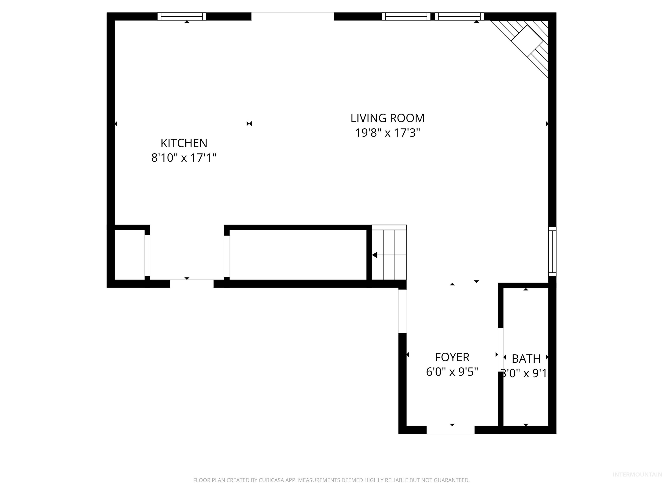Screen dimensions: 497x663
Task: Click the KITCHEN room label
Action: click(x=184, y=143)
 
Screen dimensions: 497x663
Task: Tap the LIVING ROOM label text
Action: click(x=387, y=118)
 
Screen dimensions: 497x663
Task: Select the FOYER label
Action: click(x=452, y=357)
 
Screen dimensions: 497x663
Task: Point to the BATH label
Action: click(x=526, y=359)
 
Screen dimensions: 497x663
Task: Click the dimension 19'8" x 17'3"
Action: click(x=387, y=133)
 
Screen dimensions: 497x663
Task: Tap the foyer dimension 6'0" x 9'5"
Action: click(x=452, y=372)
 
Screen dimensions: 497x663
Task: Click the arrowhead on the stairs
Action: click(x=374, y=255)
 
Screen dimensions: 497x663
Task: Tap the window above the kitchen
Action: click(x=182, y=16)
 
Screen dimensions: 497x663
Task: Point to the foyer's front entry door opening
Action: click(x=450, y=430)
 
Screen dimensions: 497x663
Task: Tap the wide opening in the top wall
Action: click(x=292, y=16)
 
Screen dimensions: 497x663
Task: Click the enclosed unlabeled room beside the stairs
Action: click(x=298, y=255)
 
